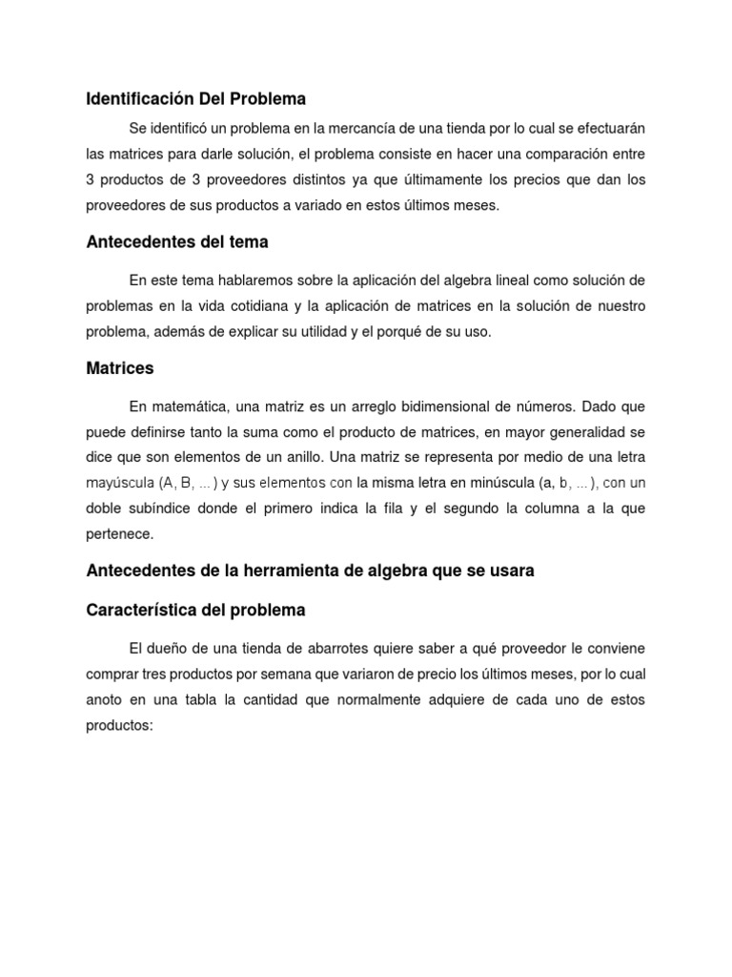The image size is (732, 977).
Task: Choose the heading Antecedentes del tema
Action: click(x=176, y=242)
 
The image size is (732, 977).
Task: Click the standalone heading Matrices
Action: click(x=119, y=368)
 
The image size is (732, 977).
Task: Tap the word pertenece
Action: click(x=119, y=533)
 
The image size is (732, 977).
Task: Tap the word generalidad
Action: click(x=581, y=432)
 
